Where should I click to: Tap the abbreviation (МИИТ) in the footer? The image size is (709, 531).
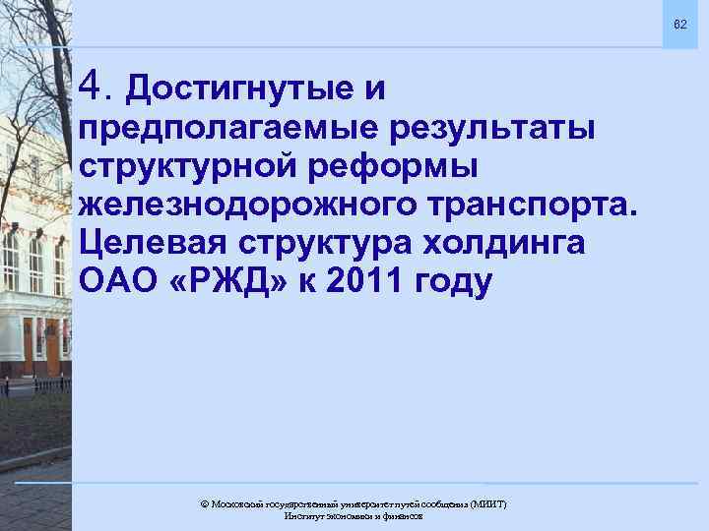point(489,503)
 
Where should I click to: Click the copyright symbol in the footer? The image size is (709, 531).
point(204,503)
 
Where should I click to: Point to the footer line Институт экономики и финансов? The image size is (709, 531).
point(354,516)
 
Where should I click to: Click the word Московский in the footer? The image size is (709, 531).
point(234,503)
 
